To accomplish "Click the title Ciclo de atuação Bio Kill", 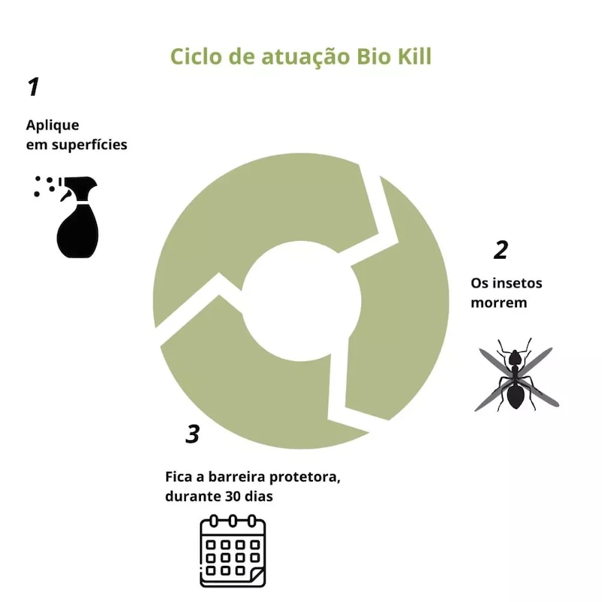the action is click(300, 57).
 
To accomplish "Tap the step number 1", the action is click(34, 87).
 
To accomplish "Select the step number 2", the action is click(501, 250).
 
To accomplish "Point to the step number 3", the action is click(193, 434).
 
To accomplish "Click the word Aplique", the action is click(53, 126).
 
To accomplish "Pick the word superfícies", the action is click(90, 144).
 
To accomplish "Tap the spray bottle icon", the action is click(66, 217).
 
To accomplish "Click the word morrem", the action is click(499, 303).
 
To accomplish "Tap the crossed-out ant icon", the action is click(517, 375).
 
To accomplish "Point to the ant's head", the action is click(514, 358).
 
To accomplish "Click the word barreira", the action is click(236, 476).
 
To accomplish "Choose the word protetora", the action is click(305, 477).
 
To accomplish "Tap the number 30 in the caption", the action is click(233, 496).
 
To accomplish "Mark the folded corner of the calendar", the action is click(256, 578).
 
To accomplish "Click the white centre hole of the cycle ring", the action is click(302, 301).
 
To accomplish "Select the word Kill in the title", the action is click(415, 56).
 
